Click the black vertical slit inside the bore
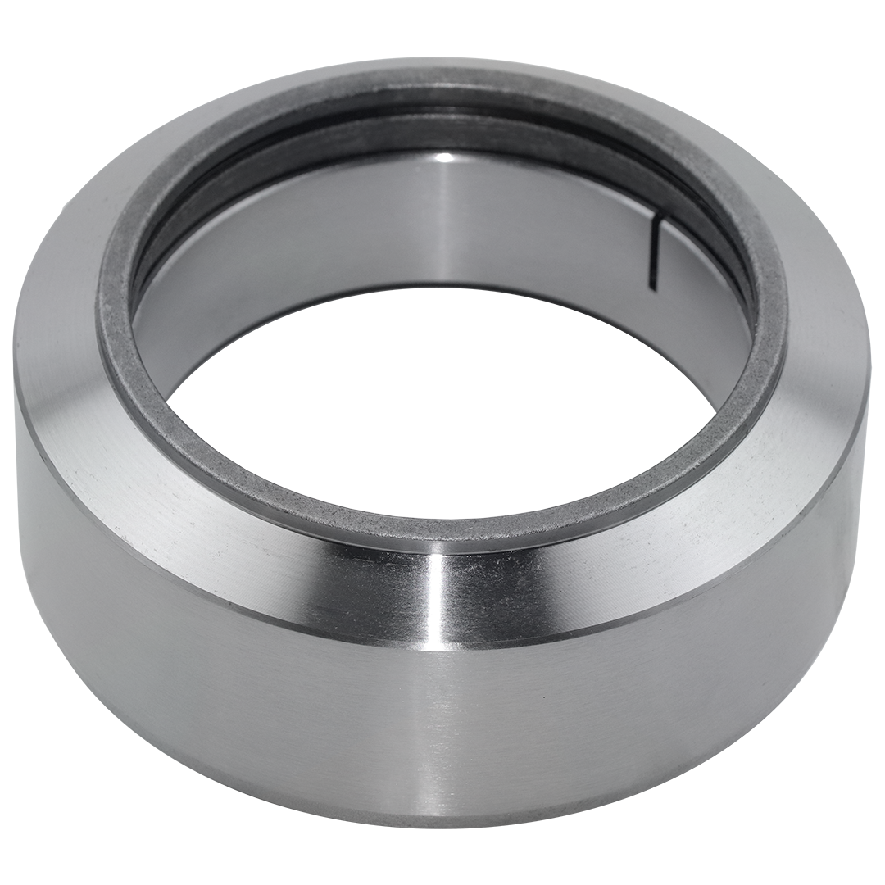[x=656, y=252]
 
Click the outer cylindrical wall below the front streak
[x=442, y=721]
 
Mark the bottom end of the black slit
[x=652, y=287]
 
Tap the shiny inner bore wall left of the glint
[x=328, y=213]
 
